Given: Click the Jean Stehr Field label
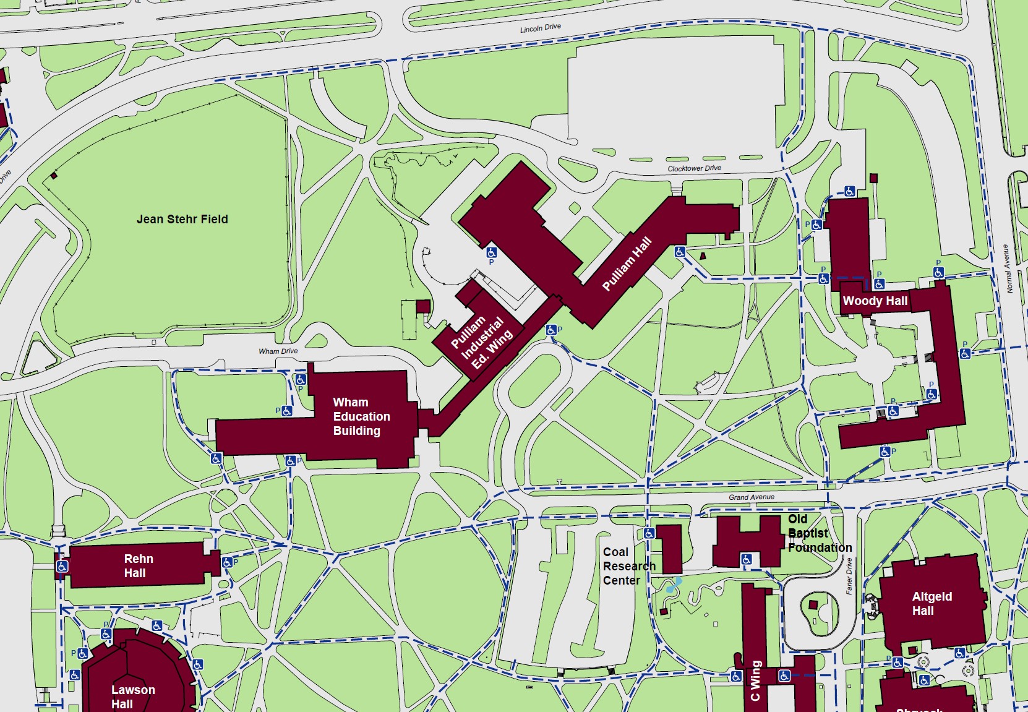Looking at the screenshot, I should point(182,219).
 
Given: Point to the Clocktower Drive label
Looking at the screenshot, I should point(694,168).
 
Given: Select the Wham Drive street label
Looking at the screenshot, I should point(278,351).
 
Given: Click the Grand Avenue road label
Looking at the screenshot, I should point(751,497).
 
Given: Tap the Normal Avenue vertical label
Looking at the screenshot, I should point(1006,268).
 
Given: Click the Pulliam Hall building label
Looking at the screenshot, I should point(627,264).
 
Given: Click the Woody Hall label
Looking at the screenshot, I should point(875,301).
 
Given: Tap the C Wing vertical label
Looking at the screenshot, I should point(755,680).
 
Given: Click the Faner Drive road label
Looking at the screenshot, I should point(849,575).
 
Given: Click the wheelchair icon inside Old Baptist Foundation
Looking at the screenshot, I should point(747,559).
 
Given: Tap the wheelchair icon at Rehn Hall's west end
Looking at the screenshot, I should point(62,566).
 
